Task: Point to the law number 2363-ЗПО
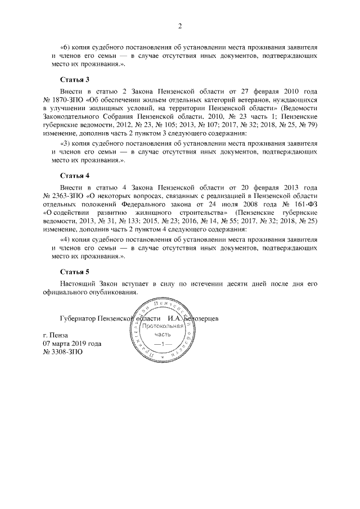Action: click(66, 196)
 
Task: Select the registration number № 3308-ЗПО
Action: click(64, 352)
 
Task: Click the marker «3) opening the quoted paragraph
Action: click(64, 144)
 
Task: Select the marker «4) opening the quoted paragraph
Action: click(64, 240)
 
